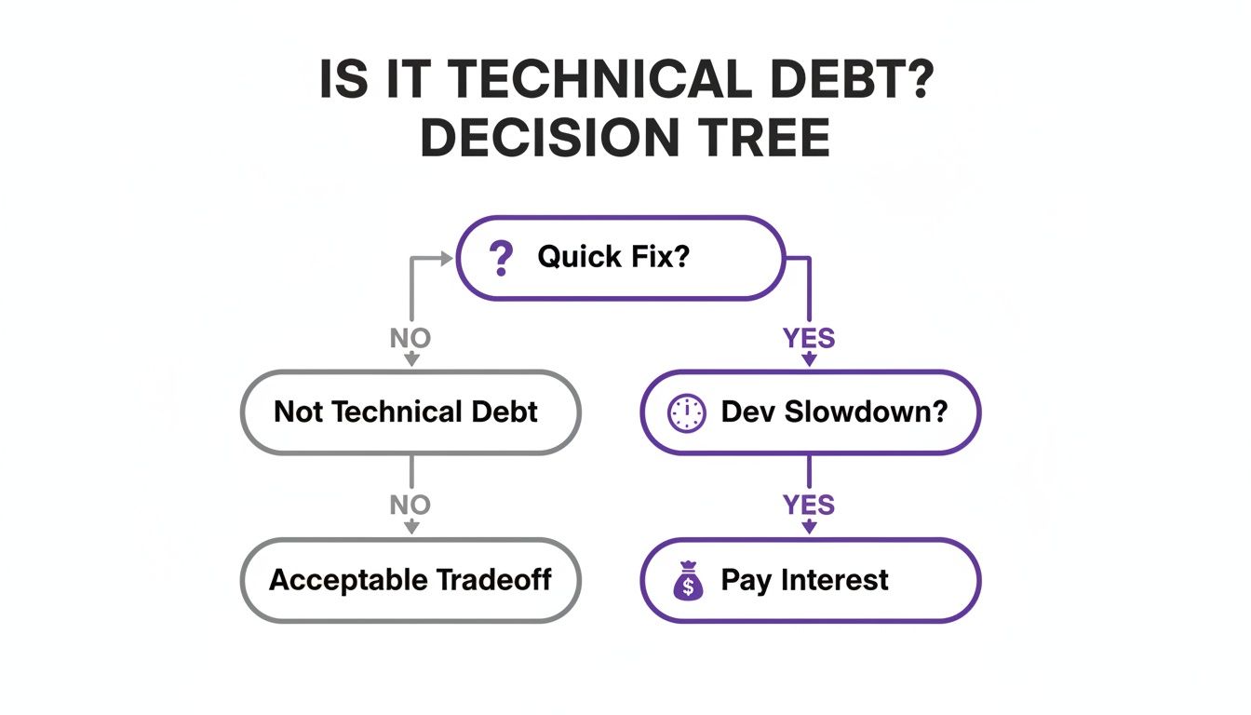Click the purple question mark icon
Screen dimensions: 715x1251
[x=501, y=258]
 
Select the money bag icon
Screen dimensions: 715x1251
[x=688, y=581]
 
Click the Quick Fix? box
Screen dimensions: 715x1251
[x=620, y=258]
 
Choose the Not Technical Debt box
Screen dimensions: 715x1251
[x=410, y=412]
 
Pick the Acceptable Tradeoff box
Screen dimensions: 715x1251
[x=410, y=580]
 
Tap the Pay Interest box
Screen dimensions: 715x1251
[x=810, y=580]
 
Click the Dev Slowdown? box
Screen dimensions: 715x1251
[x=810, y=412]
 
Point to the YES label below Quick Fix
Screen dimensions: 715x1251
[x=809, y=338]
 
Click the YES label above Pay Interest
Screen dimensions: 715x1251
[x=809, y=506]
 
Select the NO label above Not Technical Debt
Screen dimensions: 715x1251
[x=410, y=338]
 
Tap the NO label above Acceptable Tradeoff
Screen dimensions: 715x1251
[x=410, y=506]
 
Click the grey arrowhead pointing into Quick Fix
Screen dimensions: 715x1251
[x=446, y=257]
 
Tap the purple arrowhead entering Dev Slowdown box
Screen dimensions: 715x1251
[x=809, y=361]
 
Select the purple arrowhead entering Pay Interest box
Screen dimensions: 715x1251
[x=809, y=528]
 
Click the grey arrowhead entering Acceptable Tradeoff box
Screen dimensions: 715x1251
[x=410, y=528]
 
